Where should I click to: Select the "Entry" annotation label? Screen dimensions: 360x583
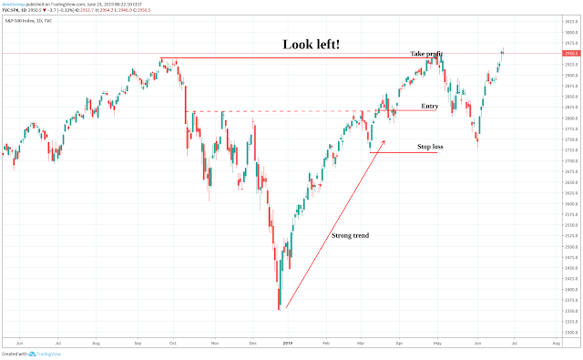[430, 107]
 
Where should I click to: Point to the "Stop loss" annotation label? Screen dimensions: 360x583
[431, 146]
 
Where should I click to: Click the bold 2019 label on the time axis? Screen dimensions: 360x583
[288, 345]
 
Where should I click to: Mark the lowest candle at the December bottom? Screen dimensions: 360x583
[279, 308]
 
